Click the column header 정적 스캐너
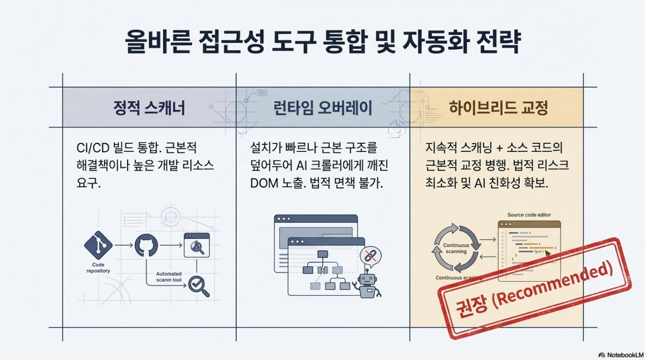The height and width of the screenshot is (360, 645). [x=149, y=108]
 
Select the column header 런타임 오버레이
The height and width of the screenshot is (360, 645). [x=323, y=108]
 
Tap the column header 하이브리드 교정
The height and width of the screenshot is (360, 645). [x=498, y=108]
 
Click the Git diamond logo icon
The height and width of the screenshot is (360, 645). [x=98, y=245]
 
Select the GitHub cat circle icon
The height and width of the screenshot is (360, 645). [x=147, y=245]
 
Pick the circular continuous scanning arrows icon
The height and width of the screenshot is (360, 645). [x=456, y=248]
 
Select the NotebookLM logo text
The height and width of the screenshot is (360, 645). [x=621, y=354]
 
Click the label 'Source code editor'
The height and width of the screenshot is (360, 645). [x=529, y=215]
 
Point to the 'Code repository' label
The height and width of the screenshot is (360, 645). [x=98, y=268]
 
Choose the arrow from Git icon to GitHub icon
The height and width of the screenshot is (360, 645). [x=124, y=245]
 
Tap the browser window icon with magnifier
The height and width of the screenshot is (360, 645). [x=196, y=245]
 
